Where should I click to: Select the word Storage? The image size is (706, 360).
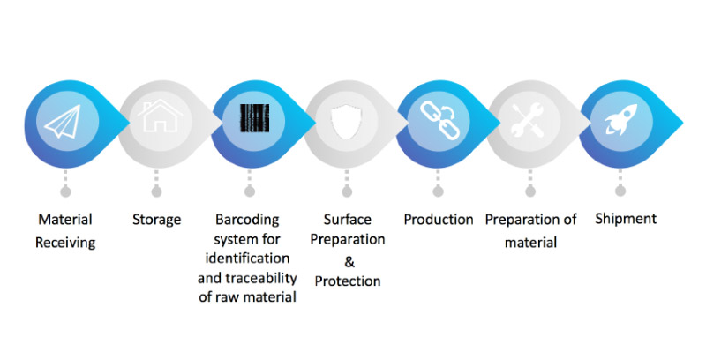point(156,219)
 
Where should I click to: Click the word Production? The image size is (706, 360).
point(439,219)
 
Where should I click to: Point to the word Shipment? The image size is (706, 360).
point(626,219)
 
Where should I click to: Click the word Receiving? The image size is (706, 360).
point(64,241)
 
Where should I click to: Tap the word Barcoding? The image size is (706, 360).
point(247,219)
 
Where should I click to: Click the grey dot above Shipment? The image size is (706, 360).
point(622,189)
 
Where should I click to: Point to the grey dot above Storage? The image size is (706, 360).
point(156,189)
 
